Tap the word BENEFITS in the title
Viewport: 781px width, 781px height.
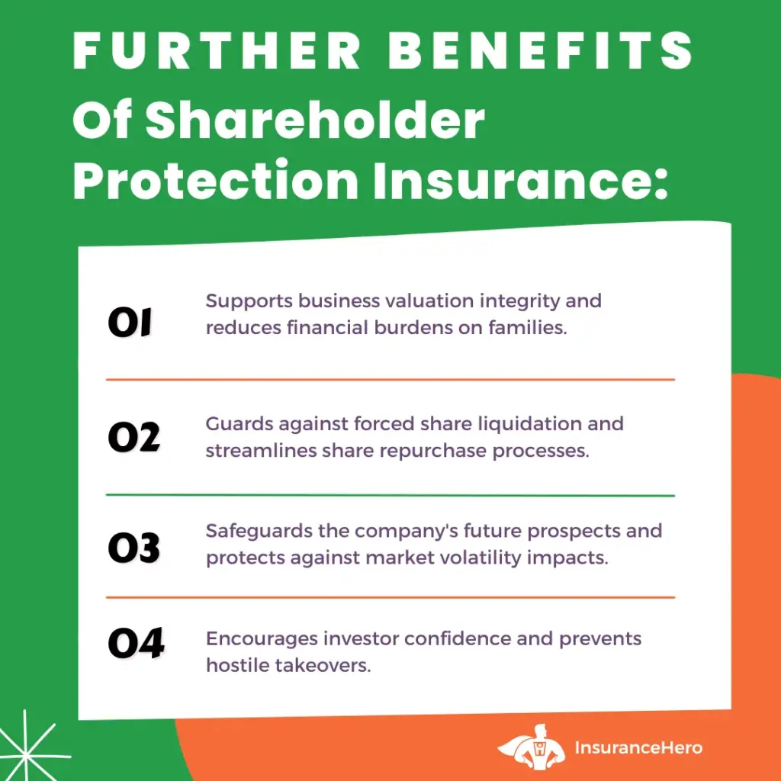tap(541, 51)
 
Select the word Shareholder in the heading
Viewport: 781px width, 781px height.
tap(315, 120)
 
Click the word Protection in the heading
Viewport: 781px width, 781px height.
tap(215, 179)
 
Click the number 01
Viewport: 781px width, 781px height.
tap(130, 323)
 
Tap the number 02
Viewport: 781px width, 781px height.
tap(134, 437)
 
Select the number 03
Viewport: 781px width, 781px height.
tap(134, 548)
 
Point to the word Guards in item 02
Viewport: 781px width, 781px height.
tap(239, 424)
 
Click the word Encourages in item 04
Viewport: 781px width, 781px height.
tap(262, 639)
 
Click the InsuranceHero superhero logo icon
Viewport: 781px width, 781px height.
tap(532, 747)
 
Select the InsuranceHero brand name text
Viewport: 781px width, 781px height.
tap(638, 747)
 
